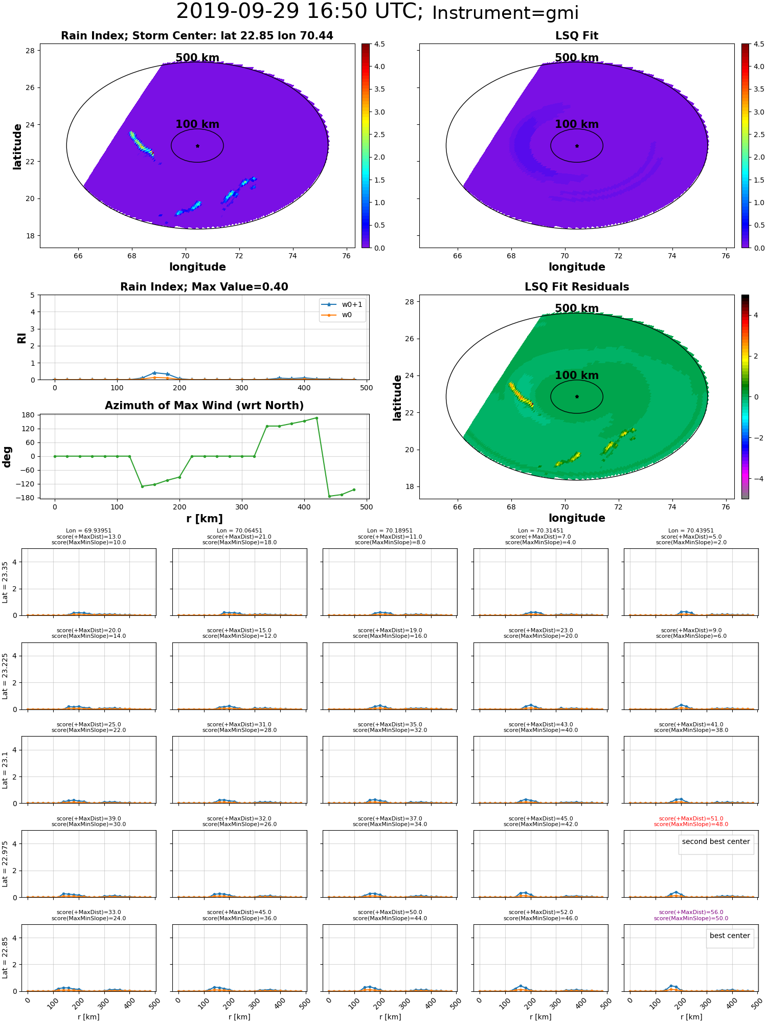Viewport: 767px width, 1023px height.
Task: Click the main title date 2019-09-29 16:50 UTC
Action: (299, 12)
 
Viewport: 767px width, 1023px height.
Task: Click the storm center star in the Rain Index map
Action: (197, 146)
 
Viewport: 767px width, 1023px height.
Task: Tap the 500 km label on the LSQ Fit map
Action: (577, 58)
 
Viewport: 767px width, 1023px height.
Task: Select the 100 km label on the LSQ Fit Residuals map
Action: (577, 375)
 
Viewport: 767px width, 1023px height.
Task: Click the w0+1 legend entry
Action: (342, 304)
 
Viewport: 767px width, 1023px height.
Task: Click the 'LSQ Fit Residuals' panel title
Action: (577, 287)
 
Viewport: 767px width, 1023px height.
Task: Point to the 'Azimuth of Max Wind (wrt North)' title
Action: (204, 406)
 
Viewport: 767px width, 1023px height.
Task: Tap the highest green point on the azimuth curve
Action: (317, 418)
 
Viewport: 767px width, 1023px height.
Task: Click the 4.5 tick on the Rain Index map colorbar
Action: (379, 44)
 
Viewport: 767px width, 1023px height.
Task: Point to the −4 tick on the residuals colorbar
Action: (756, 479)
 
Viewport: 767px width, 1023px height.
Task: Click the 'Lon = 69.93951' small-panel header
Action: (88, 531)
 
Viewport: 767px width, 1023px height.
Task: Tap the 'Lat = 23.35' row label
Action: (5, 582)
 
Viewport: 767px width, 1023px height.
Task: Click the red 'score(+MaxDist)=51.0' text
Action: (691, 818)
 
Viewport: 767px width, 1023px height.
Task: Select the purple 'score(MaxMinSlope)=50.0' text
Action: (691, 918)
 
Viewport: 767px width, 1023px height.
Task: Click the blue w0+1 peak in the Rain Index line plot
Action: (154, 373)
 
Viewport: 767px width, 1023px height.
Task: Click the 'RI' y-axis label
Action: (21, 338)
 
